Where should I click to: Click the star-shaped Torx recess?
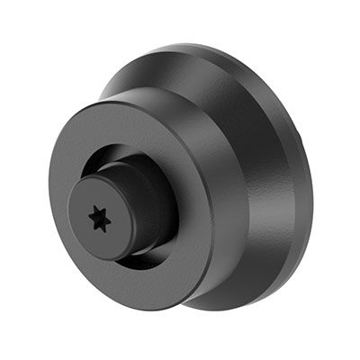click(x=98, y=218)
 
